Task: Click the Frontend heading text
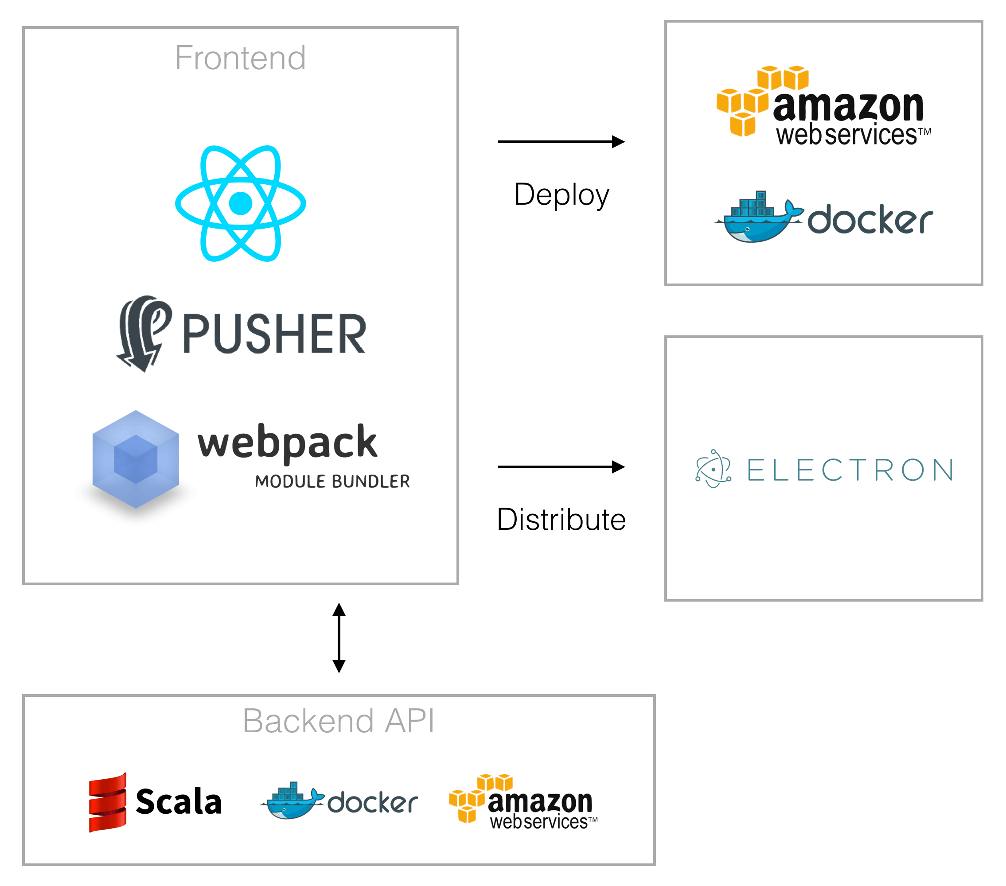click(240, 58)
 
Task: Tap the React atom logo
click(241, 203)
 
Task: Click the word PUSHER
click(275, 334)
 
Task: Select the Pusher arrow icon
click(143, 333)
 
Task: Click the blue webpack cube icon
click(136, 459)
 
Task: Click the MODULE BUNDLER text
click(332, 482)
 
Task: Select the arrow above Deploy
click(561, 142)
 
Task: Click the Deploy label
click(561, 195)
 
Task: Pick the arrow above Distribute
click(561, 467)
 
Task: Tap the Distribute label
click(561, 520)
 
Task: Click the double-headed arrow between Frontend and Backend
click(339, 637)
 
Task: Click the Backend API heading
click(339, 721)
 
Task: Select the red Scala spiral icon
click(108, 802)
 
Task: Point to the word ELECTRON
click(850, 470)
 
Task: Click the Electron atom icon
click(713, 469)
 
